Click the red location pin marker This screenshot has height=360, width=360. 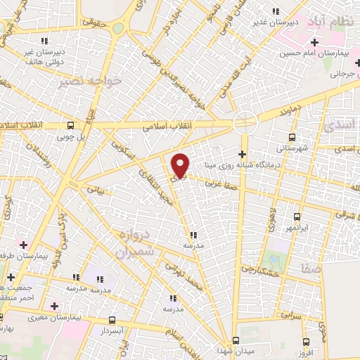click(181, 165)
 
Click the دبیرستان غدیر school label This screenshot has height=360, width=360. click(276, 22)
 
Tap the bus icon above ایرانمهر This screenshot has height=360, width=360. click(297, 217)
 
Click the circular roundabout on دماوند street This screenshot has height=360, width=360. click(246, 121)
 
